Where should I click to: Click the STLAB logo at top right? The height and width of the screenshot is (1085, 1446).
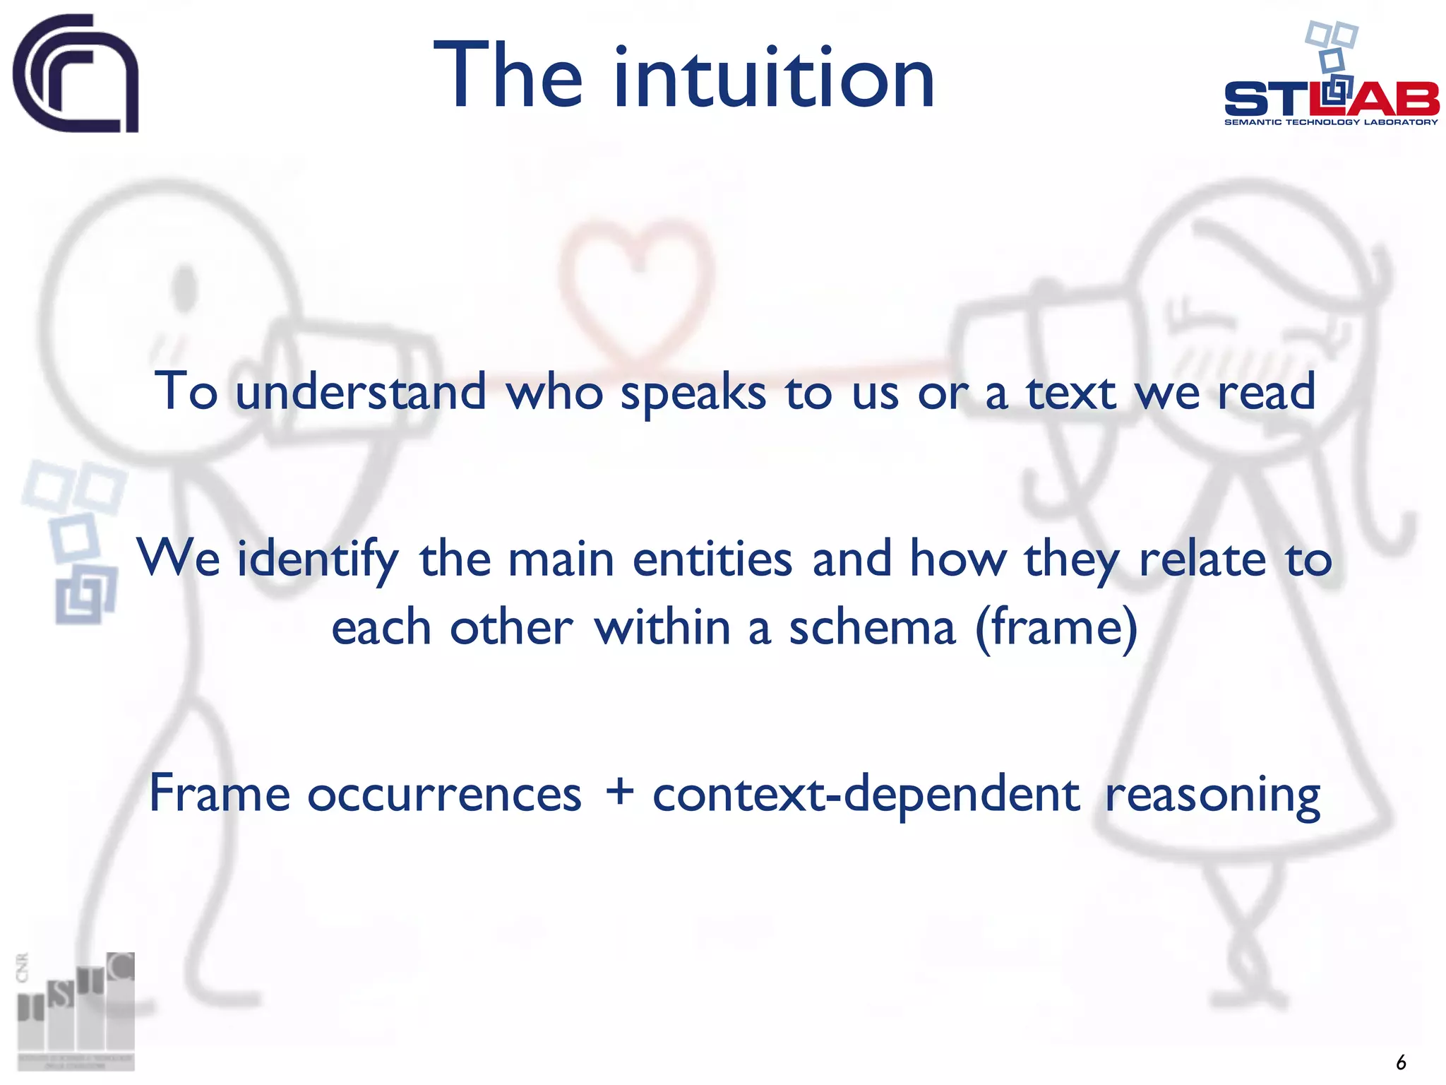1331,85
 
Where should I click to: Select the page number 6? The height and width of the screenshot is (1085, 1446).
1401,1062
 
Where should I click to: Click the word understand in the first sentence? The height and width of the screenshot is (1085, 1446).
361,392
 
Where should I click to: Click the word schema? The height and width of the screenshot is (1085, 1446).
872,627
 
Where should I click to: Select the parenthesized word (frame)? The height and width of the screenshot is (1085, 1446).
1056,627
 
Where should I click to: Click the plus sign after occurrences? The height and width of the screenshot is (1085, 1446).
619,793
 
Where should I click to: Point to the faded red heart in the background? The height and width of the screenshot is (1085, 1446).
635,283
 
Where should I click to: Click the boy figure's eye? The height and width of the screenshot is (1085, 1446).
185,286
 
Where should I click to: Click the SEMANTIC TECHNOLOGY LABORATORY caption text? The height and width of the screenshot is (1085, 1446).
1331,122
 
